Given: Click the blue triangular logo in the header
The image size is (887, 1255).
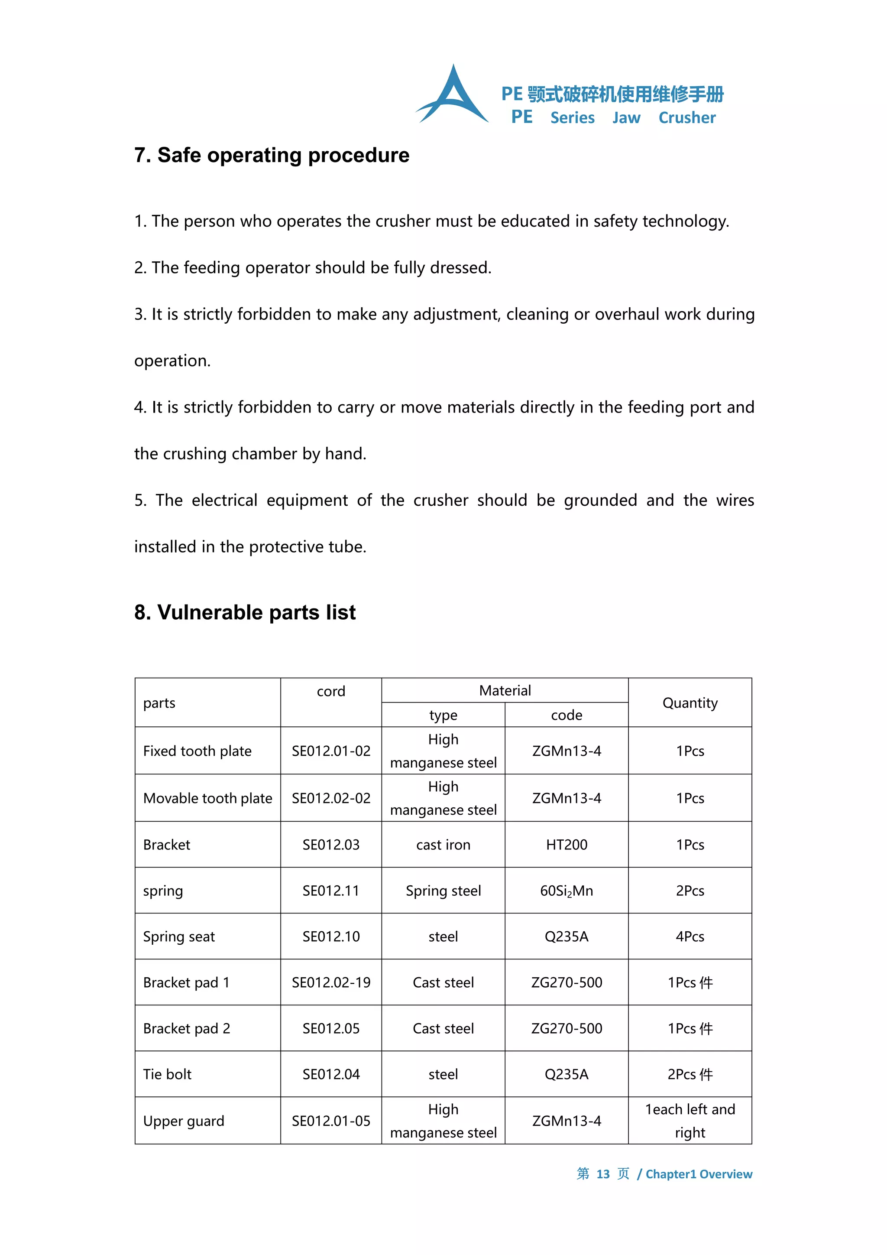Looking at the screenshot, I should pyautogui.click(x=452, y=96).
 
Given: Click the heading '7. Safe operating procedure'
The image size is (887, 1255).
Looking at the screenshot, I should pyautogui.click(x=272, y=155).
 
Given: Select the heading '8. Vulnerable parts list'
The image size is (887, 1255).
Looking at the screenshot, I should pyautogui.click(x=245, y=612).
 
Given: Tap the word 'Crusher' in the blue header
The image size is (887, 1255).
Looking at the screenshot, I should pyautogui.click(x=686, y=118).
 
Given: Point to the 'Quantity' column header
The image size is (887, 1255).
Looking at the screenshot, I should pyautogui.click(x=690, y=703).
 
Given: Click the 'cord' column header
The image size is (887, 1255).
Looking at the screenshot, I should pyautogui.click(x=331, y=692).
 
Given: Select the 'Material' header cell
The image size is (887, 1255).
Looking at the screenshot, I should pyautogui.click(x=505, y=690).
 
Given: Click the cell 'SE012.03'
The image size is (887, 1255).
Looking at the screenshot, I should pyautogui.click(x=331, y=845).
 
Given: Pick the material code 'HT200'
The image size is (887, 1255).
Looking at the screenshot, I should pyautogui.click(x=567, y=845).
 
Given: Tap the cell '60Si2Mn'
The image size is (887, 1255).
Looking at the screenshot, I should pyautogui.click(x=567, y=891).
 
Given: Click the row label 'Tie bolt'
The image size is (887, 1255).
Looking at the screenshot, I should pyautogui.click(x=167, y=1074).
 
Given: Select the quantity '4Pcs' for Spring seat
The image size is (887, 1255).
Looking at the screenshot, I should pyautogui.click(x=690, y=936).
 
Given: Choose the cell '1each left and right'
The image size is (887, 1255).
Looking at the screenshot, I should pyautogui.click(x=690, y=1121).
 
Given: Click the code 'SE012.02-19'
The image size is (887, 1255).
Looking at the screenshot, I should pyautogui.click(x=331, y=982).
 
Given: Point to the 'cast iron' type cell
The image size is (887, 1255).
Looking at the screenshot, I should pyautogui.click(x=443, y=845).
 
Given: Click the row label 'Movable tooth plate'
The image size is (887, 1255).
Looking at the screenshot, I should pyautogui.click(x=207, y=798).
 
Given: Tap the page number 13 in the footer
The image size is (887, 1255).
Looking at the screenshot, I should pyautogui.click(x=602, y=1174).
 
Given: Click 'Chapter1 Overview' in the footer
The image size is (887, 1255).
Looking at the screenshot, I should pyautogui.click(x=699, y=1174).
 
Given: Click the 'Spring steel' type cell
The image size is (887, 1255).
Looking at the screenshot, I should pyautogui.click(x=443, y=891).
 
